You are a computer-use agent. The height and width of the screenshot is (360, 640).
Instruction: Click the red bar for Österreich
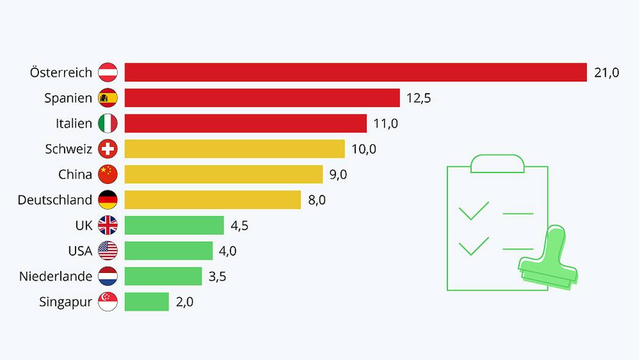pyautogui.click(x=355, y=72)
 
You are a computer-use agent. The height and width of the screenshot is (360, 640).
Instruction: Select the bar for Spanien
pyautogui.click(x=262, y=98)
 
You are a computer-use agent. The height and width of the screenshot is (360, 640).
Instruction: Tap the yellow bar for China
pyautogui.click(x=224, y=175)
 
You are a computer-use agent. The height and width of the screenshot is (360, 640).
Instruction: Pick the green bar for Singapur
pyautogui.click(x=147, y=302)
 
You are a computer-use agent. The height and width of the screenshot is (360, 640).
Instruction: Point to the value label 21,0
pyautogui.click(x=606, y=73)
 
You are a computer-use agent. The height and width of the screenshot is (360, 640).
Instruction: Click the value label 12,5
pyautogui.click(x=419, y=99)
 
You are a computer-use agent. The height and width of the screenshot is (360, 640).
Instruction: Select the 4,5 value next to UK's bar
pyautogui.click(x=240, y=226)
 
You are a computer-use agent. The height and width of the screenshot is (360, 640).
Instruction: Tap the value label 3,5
pyautogui.click(x=218, y=277)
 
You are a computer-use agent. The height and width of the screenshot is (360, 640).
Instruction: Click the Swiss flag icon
pyautogui.click(x=108, y=149)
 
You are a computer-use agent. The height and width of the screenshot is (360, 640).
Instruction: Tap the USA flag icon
pyautogui.click(x=108, y=251)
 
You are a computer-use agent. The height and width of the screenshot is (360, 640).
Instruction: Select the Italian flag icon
pyautogui.click(x=108, y=124)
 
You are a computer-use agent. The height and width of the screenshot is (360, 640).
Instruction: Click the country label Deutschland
pyautogui.click(x=55, y=200)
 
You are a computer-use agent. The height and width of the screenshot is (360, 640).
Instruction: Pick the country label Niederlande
pyautogui.click(x=55, y=277)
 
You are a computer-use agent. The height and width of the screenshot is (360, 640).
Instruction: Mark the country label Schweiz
pyautogui.click(x=69, y=149)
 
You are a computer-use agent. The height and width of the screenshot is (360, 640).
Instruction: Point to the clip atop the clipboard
pyautogui.click(x=497, y=163)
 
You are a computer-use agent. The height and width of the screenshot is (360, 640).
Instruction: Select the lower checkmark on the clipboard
pyautogui.click(x=474, y=247)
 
